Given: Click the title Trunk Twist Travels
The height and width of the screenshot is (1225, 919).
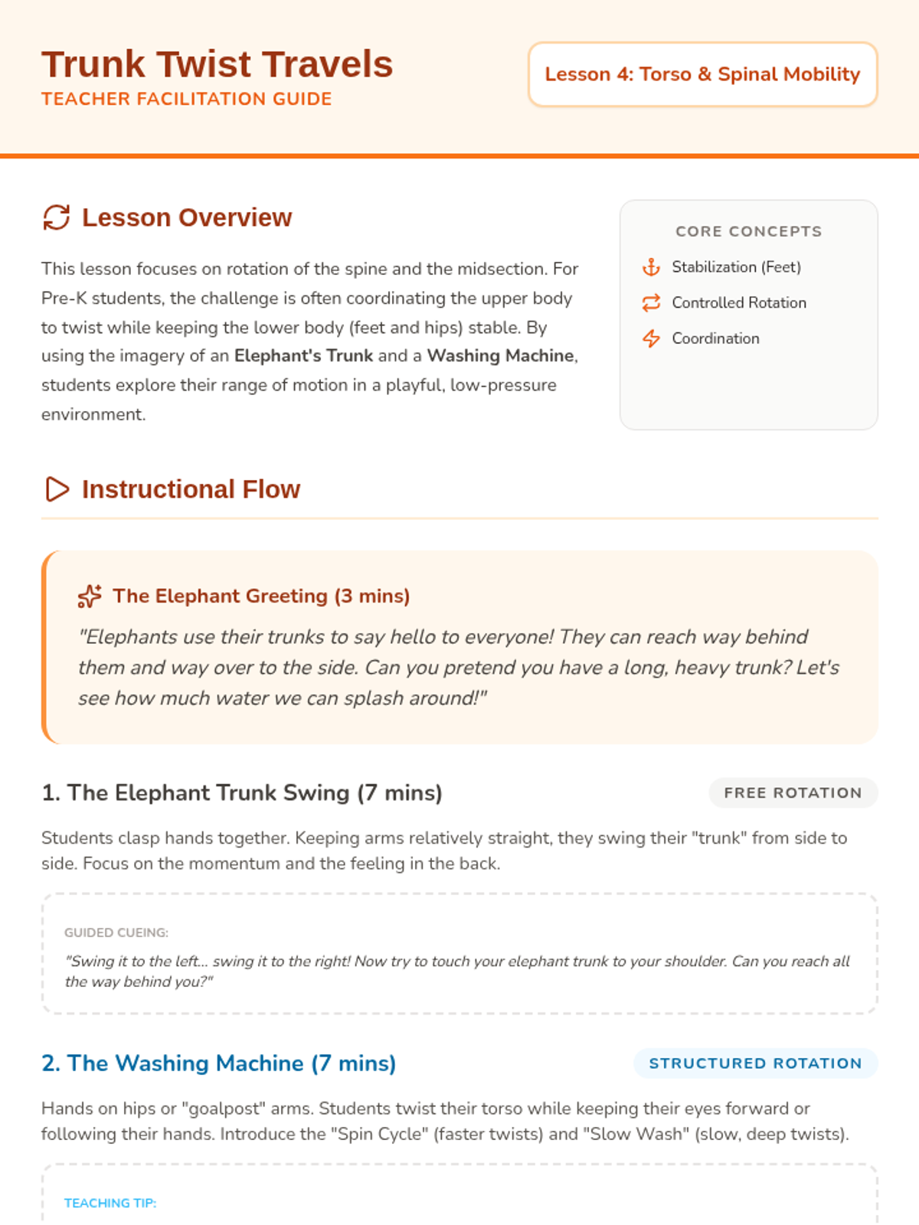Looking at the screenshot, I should click(x=217, y=64).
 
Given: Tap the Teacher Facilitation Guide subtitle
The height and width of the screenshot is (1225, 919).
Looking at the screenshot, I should click(x=186, y=100).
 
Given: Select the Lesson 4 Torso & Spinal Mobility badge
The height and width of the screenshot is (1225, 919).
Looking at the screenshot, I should click(x=702, y=74).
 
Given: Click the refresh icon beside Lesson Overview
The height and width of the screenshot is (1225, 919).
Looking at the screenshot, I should click(x=57, y=217).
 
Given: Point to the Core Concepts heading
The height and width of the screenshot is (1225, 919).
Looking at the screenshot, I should click(x=748, y=231).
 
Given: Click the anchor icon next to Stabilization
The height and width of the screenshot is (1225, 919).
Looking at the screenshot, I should click(x=651, y=267).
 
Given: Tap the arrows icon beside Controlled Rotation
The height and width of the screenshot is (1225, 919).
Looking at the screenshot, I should click(x=651, y=303).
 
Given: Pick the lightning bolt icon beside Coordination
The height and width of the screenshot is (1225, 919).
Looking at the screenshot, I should click(x=651, y=338).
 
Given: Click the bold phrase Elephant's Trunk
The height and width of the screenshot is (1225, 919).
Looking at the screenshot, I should click(x=303, y=356).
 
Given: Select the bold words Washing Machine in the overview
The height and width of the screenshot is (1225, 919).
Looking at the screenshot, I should click(x=500, y=356).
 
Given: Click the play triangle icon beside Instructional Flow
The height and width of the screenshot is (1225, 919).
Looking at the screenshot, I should click(x=57, y=489).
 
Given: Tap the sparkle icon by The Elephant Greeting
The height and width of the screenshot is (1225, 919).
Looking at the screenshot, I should click(x=90, y=596).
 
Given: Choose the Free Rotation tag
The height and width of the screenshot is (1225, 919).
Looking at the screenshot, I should click(x=793, y=793).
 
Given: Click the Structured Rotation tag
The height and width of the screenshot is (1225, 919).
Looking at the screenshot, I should click(x=755, y=1063).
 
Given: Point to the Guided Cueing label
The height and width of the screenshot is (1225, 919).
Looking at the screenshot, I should click(x=116, y=933).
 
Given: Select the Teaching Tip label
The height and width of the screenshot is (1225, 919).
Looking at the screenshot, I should click(x=110, y=1203).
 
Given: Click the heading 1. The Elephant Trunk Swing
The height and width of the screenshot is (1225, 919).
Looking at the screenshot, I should click(x=242, y=793).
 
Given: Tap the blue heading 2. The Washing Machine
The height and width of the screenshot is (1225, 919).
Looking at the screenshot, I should click(x=219, y=1063).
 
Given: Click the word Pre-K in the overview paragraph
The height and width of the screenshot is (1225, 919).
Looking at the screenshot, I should click(x=64, y=299).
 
